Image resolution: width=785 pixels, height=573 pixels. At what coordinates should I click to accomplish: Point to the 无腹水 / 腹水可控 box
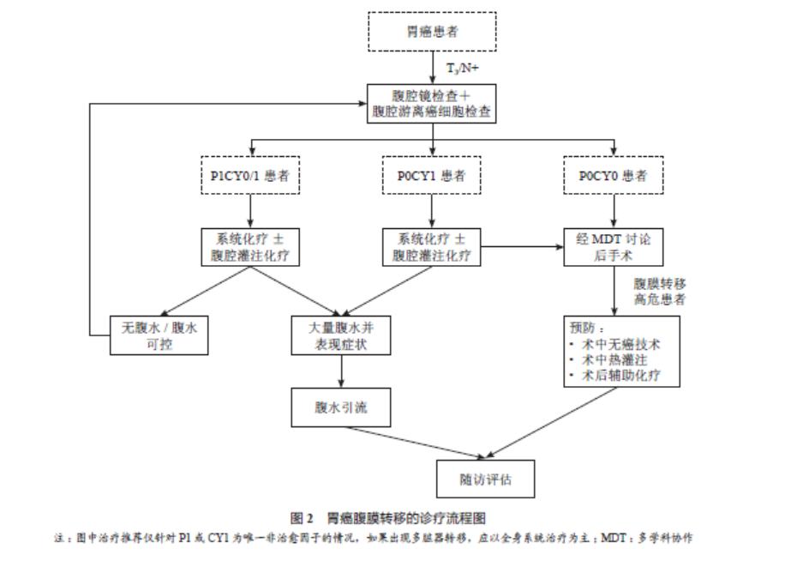pyautogui.click(x=159, y=335)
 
